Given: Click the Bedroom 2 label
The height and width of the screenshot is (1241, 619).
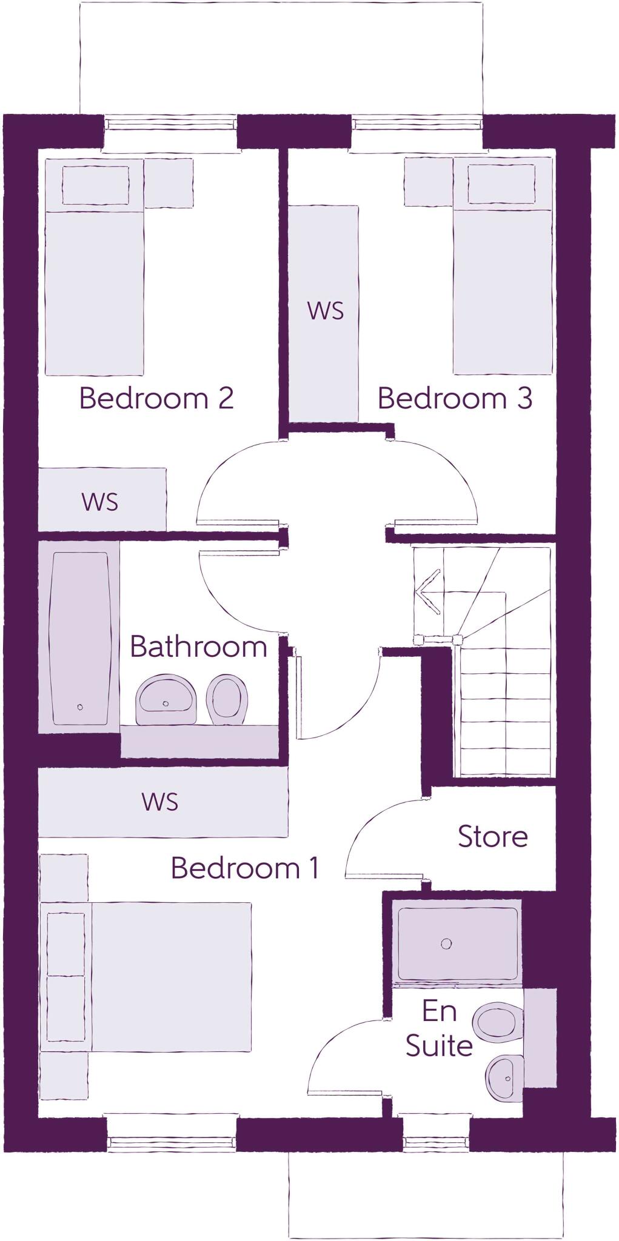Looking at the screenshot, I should pyautogui.click(x=156, y=398).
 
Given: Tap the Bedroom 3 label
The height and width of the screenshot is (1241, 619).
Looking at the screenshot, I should pyautogui.click(x=455, y=398).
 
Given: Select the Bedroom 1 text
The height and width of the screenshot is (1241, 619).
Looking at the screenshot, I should pyautogui.click(x=245, y=868).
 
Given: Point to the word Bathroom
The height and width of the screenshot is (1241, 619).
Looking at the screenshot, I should pyautogui.click(x=198, y=647).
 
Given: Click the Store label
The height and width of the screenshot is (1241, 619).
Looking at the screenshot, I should pyautogui.click(x=492, y=836).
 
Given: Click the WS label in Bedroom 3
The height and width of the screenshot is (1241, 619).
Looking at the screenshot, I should pyautogui.click(x=325, y=310).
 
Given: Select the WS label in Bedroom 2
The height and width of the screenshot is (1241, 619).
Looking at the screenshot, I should pyautogui.click(x=100, y=502).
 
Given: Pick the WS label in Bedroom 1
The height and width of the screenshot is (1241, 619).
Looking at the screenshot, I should pyautogui.click(x=160, y=801).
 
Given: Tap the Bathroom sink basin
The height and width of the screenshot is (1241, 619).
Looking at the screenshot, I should pyautogui.click(x=166, y=700).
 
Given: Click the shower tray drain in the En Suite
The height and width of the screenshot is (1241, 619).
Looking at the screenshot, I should pyautogui.click(x=446, y=943).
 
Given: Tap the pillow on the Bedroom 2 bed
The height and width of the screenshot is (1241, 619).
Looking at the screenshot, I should pyautogui.click(x=95, y=185).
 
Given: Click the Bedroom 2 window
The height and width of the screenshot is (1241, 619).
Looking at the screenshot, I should pyautogui.click(x=170, y=124).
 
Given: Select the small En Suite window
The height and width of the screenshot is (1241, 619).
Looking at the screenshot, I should pyautogui.click(x=436, y=1143).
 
